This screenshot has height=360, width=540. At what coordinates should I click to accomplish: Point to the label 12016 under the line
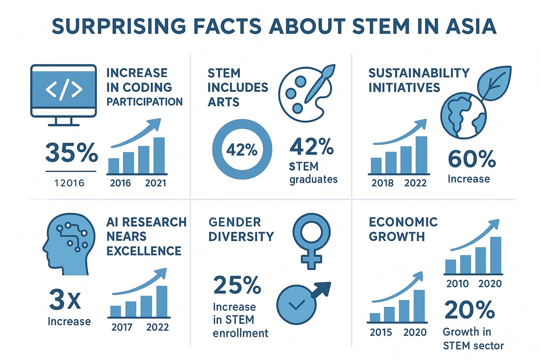(x=71, y=183)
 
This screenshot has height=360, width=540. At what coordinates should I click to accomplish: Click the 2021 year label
(x=156, y=183)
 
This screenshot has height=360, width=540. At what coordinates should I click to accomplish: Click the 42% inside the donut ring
(x=241, y=150)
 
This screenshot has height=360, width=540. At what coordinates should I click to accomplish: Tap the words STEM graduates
(x=313, y=173)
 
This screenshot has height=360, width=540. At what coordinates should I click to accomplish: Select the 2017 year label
(x=122, y=327)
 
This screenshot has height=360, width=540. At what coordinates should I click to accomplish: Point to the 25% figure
(x=237, y=286)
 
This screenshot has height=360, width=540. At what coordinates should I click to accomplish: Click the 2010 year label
(x=457, y=284)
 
